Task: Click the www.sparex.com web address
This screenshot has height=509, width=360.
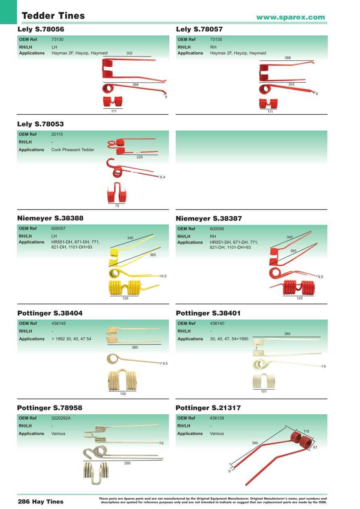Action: click(290, 17)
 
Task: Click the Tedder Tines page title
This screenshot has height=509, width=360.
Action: click(53, 16)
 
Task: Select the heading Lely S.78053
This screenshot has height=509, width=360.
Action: click(40, 124)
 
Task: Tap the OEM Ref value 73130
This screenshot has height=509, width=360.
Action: click(58, 39)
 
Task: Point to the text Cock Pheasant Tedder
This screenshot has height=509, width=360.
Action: click(73, 150)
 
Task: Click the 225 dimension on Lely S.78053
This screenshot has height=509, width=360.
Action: click(139, 157)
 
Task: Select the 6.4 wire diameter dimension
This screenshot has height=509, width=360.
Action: click(162, 177)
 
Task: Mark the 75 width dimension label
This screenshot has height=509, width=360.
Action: click(117, 206)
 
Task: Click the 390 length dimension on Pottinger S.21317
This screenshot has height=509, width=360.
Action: click(255, 443)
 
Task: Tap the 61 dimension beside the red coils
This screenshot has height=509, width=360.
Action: click(315, 447)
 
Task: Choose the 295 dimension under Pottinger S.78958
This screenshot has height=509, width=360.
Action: click(127, 463)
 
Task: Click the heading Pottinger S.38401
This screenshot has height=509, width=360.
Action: click(208, 313)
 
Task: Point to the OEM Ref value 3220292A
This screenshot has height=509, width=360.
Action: click(61, 418)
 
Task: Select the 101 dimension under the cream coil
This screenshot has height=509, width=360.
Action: click(264, 391)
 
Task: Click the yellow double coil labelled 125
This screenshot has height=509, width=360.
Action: click(125, 288)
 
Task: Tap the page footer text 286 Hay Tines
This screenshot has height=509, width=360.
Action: click(41, 501)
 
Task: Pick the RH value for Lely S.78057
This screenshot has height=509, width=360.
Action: click(213, 47)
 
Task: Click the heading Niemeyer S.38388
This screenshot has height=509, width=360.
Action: click(50, 218)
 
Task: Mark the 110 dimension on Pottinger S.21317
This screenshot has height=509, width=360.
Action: click(306, 431)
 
